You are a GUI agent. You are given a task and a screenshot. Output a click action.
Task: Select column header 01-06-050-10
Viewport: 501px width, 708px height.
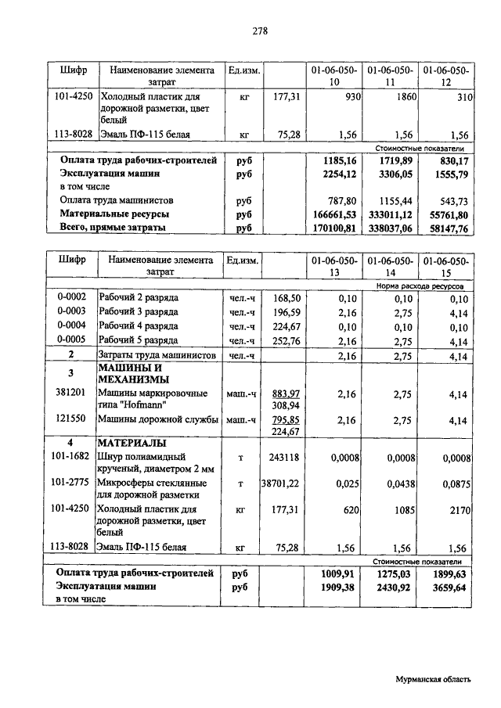(x=333, y=76)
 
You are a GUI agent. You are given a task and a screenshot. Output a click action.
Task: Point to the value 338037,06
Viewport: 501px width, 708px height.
(x=389, y=228)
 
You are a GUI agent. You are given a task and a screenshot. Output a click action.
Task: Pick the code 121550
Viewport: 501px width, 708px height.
(x=70, y=420)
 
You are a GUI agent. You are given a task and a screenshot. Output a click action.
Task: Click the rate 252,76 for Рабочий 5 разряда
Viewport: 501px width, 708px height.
(x=287, y=340)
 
